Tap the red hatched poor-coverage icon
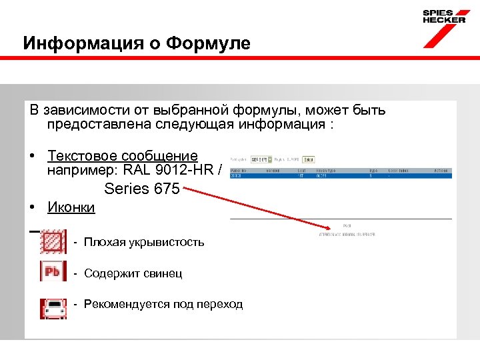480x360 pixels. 53,242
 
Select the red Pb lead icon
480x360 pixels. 53,273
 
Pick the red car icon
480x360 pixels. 53,305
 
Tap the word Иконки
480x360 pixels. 71,207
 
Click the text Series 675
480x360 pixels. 141,189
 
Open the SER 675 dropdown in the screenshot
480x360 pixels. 261,160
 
